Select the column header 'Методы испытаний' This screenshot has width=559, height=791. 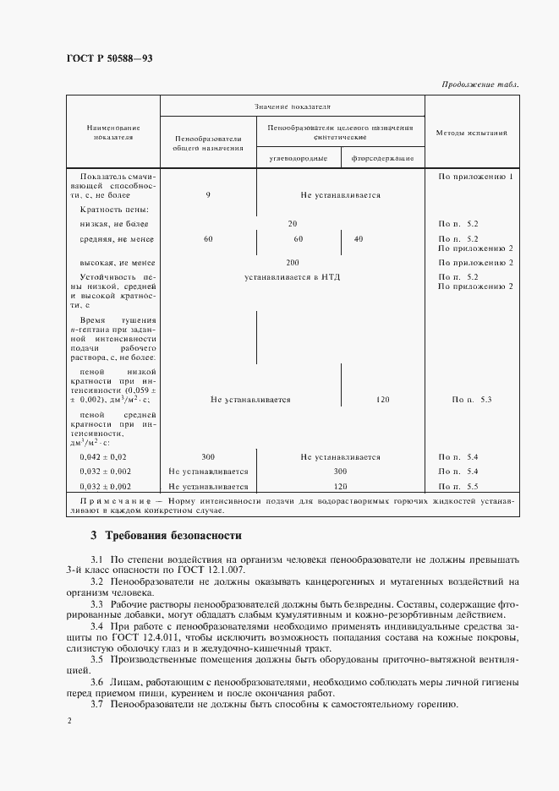(x=471, y=134)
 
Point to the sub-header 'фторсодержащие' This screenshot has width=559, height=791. (x=382, y=157)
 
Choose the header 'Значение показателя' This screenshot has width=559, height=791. (x=292, y=107)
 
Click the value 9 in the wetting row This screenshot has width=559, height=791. (x=208, y=195)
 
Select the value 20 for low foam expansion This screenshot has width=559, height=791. (x=293, y=224)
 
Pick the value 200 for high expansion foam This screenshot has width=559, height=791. (x=293, y=263)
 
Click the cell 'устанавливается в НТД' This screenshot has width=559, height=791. (x=293, y=276)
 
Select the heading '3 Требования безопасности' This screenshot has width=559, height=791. (x=166, y=536)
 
